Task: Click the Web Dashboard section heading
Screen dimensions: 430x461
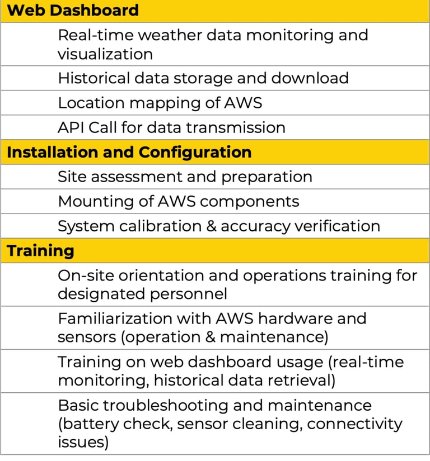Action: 73,10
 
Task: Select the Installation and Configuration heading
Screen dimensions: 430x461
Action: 129,152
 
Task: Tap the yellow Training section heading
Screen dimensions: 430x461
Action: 40,250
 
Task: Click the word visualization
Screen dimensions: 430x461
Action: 105,54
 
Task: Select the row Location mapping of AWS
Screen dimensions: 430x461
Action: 160,103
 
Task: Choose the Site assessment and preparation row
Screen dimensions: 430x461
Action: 185,177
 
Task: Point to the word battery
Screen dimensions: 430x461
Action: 92,424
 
